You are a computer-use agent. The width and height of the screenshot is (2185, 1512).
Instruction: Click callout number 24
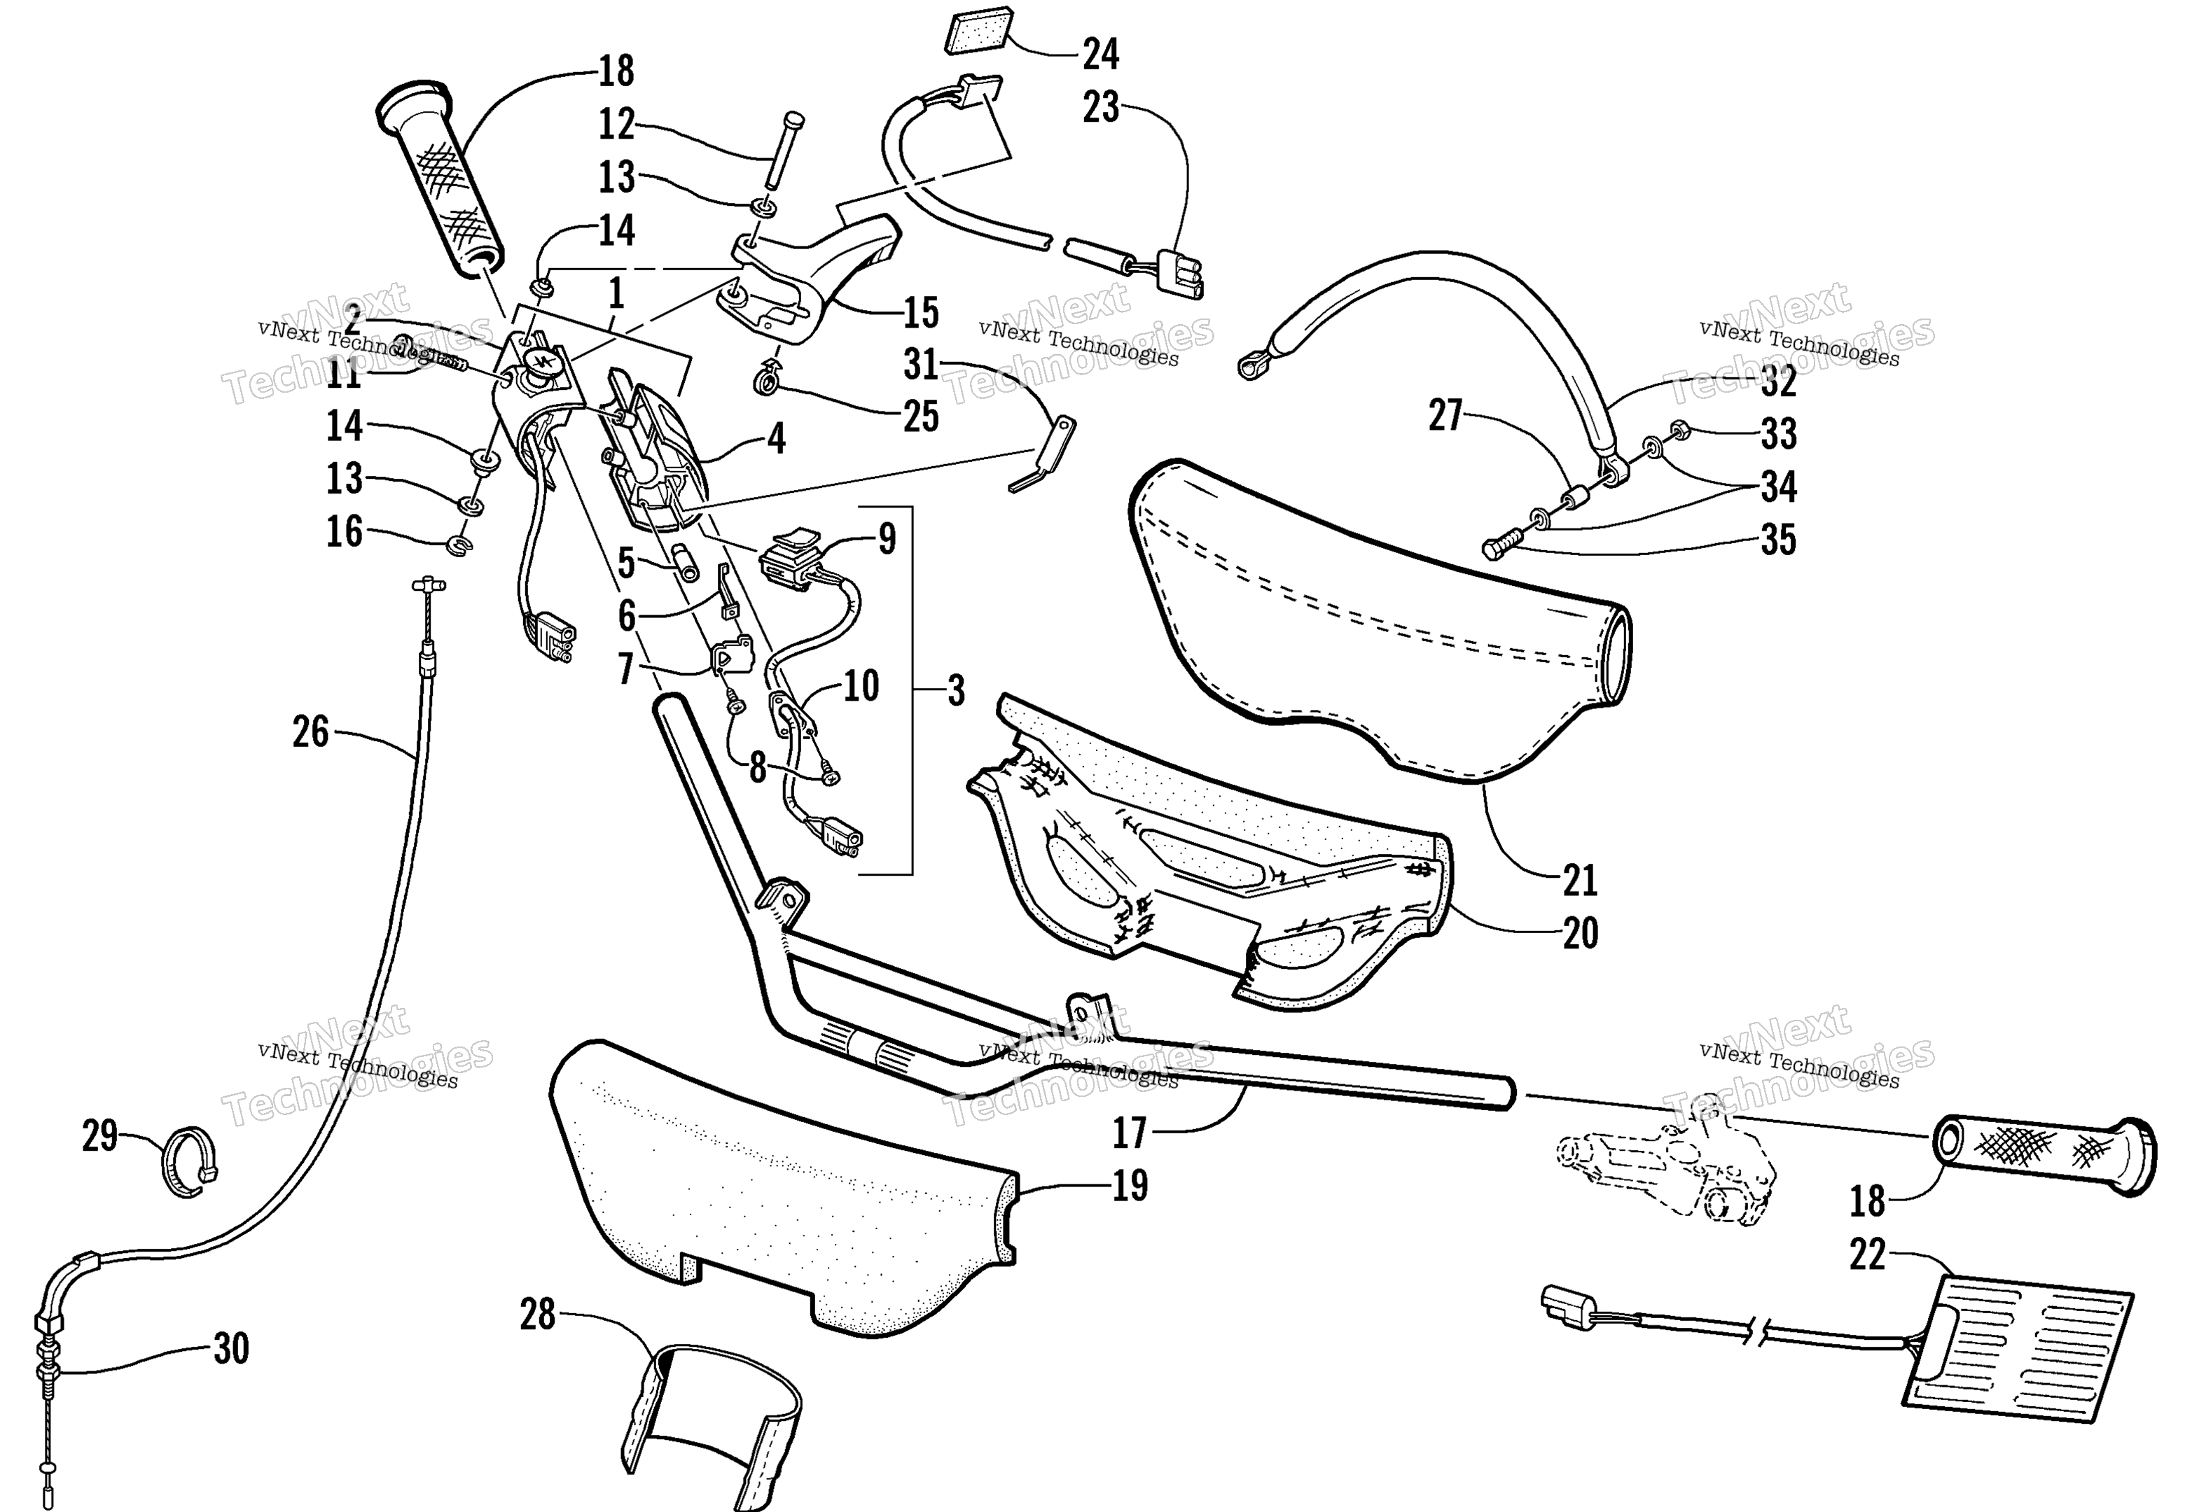coord(1100,54)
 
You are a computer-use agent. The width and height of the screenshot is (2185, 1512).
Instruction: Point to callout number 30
coord(230,1348)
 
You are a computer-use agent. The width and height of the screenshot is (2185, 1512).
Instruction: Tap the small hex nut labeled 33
coord(1681,429)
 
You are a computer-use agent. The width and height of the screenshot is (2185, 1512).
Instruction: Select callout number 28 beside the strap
coord(537,1315)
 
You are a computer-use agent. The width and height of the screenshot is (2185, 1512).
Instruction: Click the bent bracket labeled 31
coord(1042,456)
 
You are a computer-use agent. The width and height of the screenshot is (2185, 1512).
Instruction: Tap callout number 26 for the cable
coord(311,731)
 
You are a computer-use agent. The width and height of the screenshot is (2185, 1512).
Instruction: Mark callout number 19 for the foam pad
coord(1130,1185)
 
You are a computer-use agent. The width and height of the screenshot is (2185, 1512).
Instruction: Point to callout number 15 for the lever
coord(920,313)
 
